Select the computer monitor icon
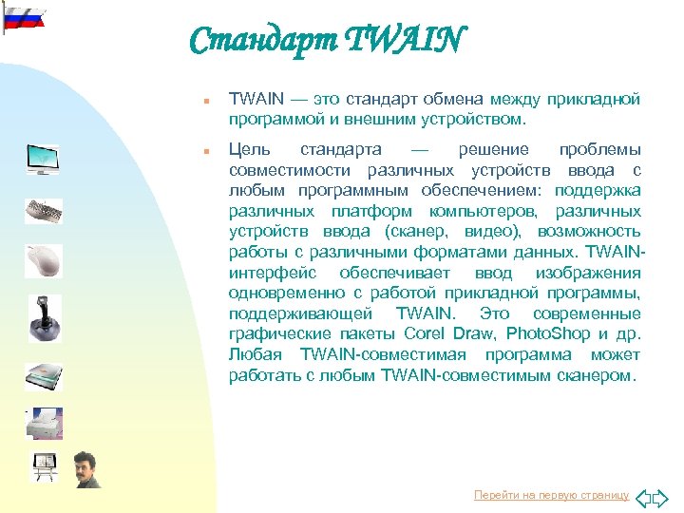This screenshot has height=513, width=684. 43,159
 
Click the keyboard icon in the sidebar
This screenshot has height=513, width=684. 43,211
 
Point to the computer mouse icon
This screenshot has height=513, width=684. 43,259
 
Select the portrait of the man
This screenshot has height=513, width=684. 86,469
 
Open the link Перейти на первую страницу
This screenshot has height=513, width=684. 551,496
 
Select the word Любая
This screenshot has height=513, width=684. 254,354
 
